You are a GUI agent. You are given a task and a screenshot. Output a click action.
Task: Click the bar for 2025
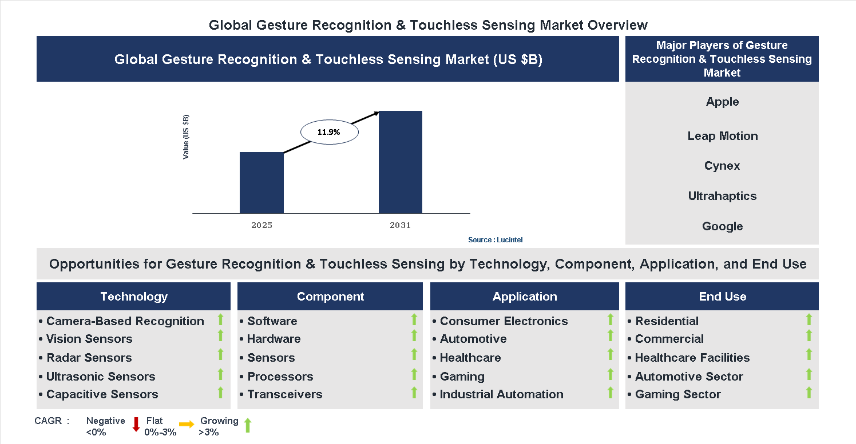point(261,183)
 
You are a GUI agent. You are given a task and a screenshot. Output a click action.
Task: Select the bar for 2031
point(401,162)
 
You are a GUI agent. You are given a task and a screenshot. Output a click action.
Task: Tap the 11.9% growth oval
point(329,132)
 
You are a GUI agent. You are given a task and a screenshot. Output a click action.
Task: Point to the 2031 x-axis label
point(401,225)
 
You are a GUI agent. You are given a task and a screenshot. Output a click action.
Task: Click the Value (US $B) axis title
point(186,137)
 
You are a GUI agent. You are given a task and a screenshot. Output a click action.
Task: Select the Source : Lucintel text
point(495,240)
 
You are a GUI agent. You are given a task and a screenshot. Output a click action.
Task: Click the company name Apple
point(722,102)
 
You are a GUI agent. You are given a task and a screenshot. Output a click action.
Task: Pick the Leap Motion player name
point(722,136)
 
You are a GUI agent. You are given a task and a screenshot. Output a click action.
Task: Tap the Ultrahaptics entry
point(722,196)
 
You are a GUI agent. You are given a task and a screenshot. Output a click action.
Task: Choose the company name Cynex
point(722,166)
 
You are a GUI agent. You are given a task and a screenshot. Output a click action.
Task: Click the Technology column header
point(134,297)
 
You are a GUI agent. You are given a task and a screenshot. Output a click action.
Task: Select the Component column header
point(330,297)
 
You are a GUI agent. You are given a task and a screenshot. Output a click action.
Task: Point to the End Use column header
point(722,297)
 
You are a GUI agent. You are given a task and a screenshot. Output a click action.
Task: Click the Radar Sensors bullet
point(89,358)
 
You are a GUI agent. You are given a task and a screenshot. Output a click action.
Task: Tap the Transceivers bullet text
point(284,394)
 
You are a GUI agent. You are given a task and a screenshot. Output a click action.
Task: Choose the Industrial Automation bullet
point(501,394)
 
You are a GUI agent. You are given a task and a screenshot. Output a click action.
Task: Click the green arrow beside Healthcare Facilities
point(809,355)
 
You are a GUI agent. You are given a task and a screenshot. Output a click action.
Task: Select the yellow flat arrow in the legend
point(187,425)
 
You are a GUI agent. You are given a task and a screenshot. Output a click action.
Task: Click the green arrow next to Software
point(414,319)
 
